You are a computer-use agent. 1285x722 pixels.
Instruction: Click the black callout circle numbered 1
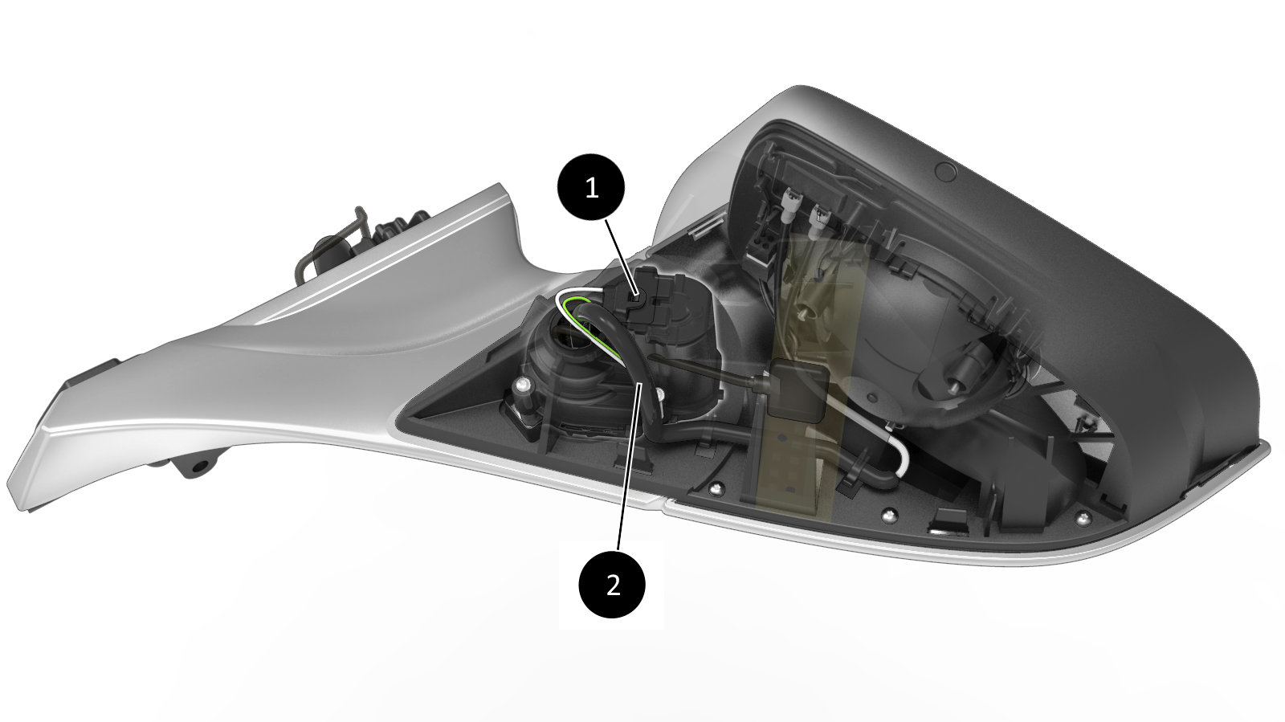click(x=591, y=187)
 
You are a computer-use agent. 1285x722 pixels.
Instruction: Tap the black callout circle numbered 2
click(x=613, y=585)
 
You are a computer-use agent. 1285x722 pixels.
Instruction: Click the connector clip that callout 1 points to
click(x=635, y=298)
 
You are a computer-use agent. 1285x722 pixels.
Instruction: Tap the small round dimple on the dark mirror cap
click(x=944, y=170)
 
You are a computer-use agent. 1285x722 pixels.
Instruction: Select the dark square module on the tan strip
click(x=796, y=388)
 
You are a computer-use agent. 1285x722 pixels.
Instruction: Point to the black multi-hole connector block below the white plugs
click(x=765, y=251)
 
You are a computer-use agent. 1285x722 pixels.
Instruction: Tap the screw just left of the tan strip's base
click(x=716, y=488)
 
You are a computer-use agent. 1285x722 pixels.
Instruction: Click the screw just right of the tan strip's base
click(x=888, y=513)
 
